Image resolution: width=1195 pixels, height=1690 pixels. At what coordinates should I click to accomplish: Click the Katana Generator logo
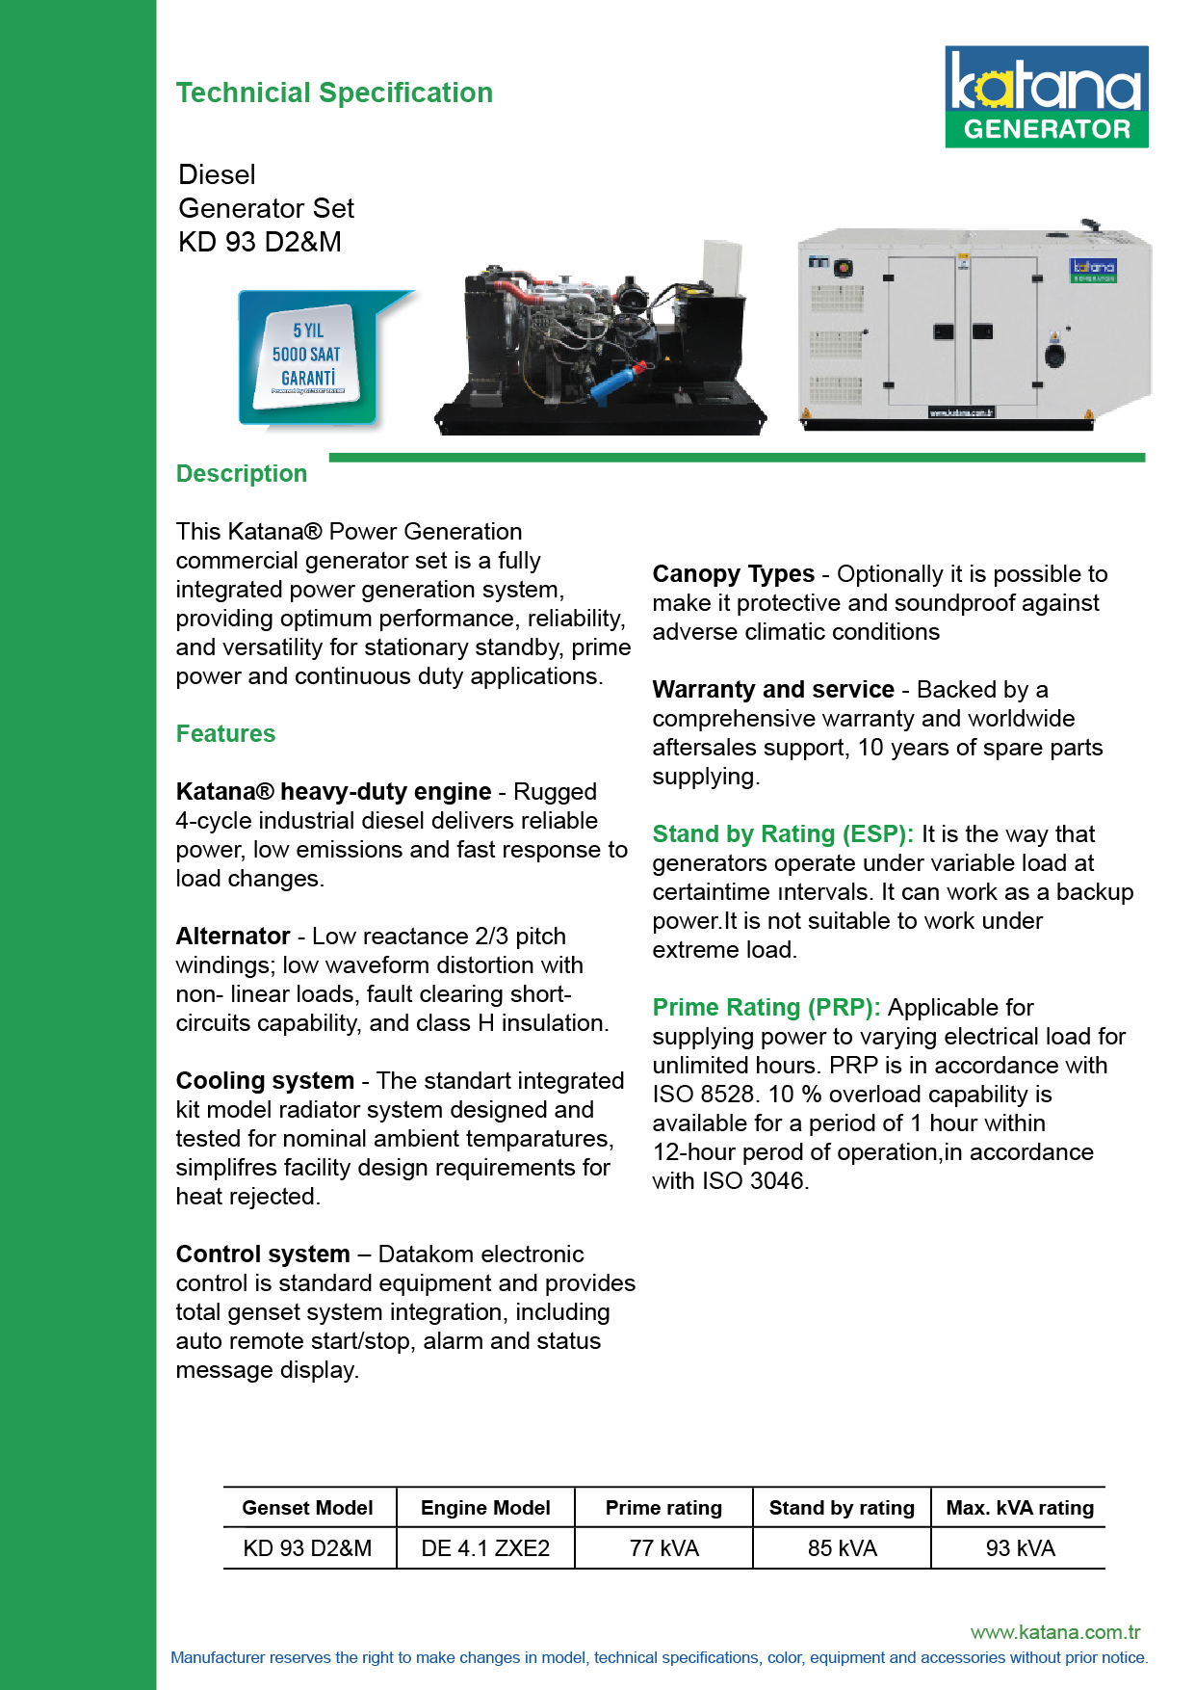tap(1046, 96)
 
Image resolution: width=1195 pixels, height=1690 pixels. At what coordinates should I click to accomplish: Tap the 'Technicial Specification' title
tap(334, 92)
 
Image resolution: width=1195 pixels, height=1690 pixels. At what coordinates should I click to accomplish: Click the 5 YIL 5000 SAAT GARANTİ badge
tap(308, 356)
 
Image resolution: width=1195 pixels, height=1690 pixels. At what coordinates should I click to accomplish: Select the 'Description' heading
tap(242, 474)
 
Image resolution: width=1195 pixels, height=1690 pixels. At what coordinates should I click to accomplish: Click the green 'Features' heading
tap(225, 734)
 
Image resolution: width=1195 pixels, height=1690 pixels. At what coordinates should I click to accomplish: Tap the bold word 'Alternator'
tap(233, 937)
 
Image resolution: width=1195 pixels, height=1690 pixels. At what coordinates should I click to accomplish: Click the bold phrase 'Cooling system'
tap(265, 1081)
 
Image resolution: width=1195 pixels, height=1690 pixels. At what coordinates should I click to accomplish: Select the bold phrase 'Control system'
tap(263, 1254)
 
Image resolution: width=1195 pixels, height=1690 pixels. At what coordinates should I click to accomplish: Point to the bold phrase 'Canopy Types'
tap(733, 574)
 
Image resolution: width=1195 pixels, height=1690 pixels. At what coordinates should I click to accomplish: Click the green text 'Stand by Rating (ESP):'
tap(782, 834)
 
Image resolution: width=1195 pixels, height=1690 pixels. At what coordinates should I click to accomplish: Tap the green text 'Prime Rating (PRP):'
tap(766, 1008)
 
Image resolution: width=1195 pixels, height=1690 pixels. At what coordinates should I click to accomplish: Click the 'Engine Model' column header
tap(485, 1508)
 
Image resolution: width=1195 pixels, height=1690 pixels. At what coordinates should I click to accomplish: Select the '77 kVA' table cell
tap(663, 1548)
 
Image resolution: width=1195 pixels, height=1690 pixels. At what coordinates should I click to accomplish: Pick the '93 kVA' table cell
tap(1020, 1548)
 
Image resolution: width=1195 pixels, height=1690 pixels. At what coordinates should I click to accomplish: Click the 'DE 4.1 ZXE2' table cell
tap(485, 1548)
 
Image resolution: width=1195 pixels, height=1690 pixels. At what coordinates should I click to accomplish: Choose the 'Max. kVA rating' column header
tap(1020, 1508)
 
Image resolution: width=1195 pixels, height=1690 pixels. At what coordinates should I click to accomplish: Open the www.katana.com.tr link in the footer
tap(1055, 1632)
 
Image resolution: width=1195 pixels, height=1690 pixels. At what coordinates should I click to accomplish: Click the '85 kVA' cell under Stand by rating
tap(842, 1548)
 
